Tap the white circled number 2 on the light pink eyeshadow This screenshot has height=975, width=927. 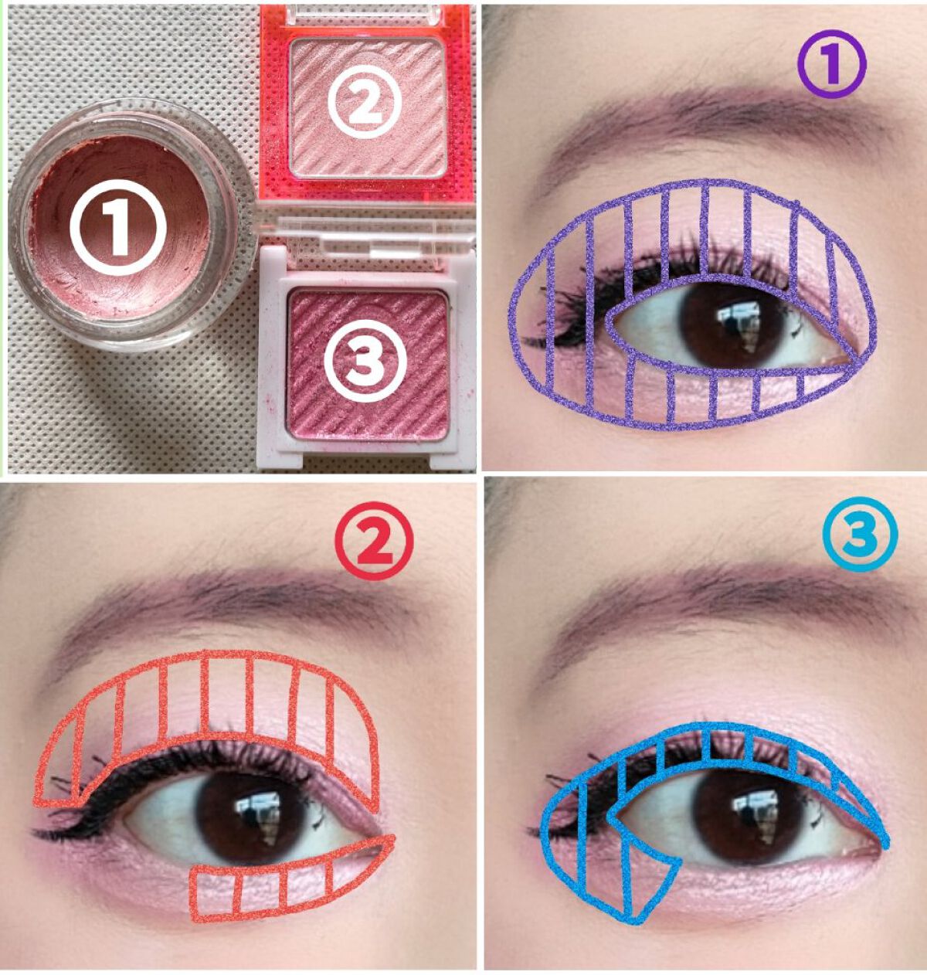pos(367,102)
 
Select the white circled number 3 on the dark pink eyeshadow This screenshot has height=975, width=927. pos(365,361)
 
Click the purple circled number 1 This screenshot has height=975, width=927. pos(832,64)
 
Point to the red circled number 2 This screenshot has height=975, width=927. pos(373,541)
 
